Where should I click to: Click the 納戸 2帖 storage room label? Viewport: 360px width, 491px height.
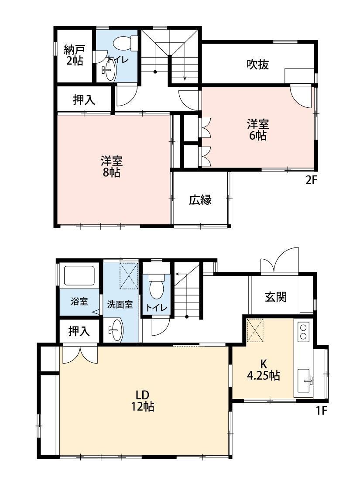point(73,55)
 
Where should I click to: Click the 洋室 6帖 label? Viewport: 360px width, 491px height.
point(258,130)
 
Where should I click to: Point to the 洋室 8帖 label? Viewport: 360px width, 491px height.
point(111,166)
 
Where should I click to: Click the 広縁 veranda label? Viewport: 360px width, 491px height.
point(200,200)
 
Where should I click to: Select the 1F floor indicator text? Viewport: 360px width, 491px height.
point(321,411)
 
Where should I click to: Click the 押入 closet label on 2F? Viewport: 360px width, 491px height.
point(84,100)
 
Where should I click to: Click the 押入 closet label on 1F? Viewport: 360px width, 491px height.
point(79,331)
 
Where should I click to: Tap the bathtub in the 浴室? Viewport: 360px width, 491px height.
point(79,276)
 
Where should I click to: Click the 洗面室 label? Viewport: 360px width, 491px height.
point(120,304)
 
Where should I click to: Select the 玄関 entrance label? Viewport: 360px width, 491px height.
point(276,297)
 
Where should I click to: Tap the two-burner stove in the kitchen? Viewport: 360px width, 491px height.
point(303,332)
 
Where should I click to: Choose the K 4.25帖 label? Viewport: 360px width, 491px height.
point(264,370)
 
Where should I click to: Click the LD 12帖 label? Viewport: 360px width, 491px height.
point(143,401)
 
